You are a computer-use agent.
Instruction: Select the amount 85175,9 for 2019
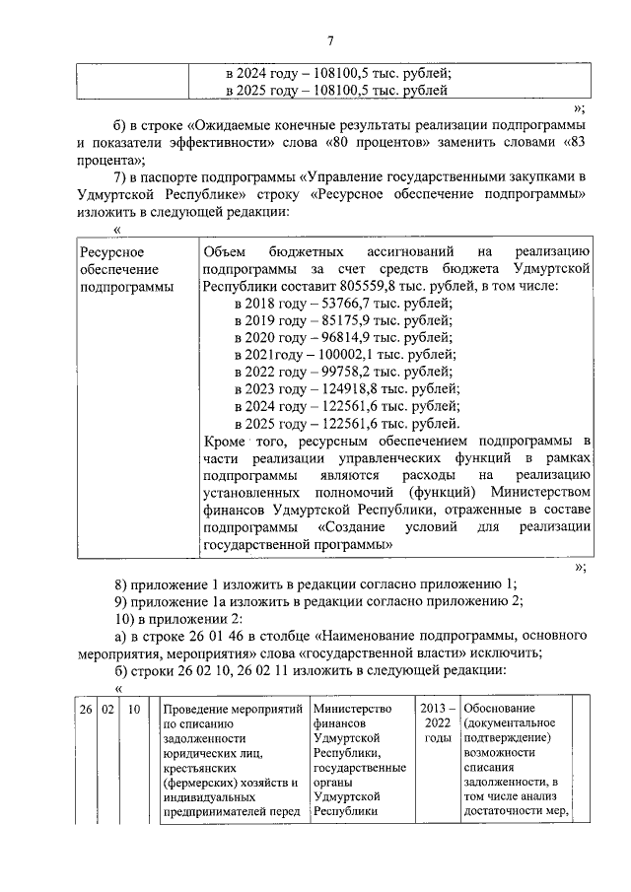point(343,319)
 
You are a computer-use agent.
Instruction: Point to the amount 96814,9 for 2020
point(343,336)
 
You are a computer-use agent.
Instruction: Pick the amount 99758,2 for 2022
point(343,370)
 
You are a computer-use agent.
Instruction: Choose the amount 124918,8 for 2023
point(347,386)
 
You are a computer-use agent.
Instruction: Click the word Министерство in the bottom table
point(352,708)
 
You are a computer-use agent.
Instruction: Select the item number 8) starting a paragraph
point(122,583)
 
